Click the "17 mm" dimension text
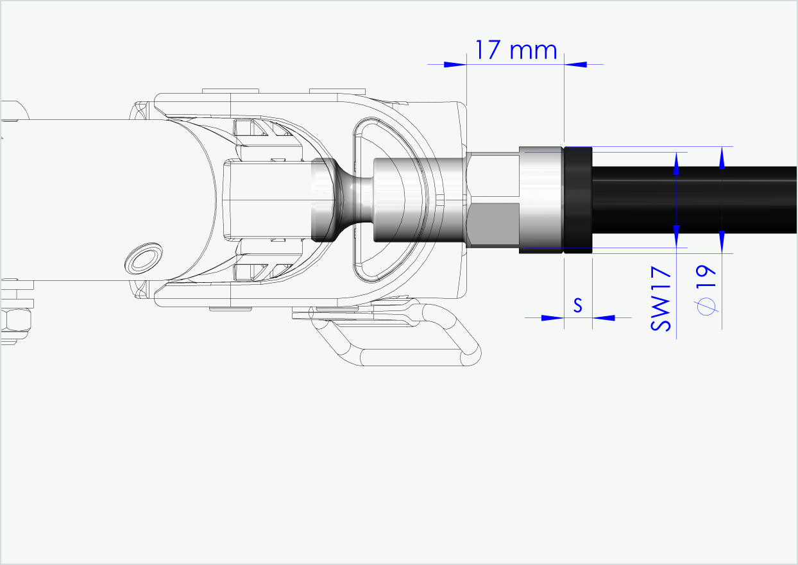pyautogui.click(x=516, y=49)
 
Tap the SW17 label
pyautogui.click(x=661, y=299)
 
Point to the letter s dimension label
pyautogui.click(x=577, y=306)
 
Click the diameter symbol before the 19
pyautogui.click(x=706, y=308)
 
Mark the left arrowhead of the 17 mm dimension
pyautogui.click(x=455, y=64)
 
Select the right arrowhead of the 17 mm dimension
pyautogui.click(x=575, y=64)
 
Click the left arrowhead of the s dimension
pyautogui.click(x=553, y=317)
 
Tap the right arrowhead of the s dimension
pyautogui.click(x=602, y=317)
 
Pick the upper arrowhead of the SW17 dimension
pyautogui.click(x=676, y=163)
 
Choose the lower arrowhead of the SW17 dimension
pyautogui.click(x=676, y=235)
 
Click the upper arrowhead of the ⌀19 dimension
pyautogui.click(x=722, y=158)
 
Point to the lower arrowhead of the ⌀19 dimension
pyautogui.click(x=722, y=242)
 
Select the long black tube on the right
pyautogui.click(x=693, y=200)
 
